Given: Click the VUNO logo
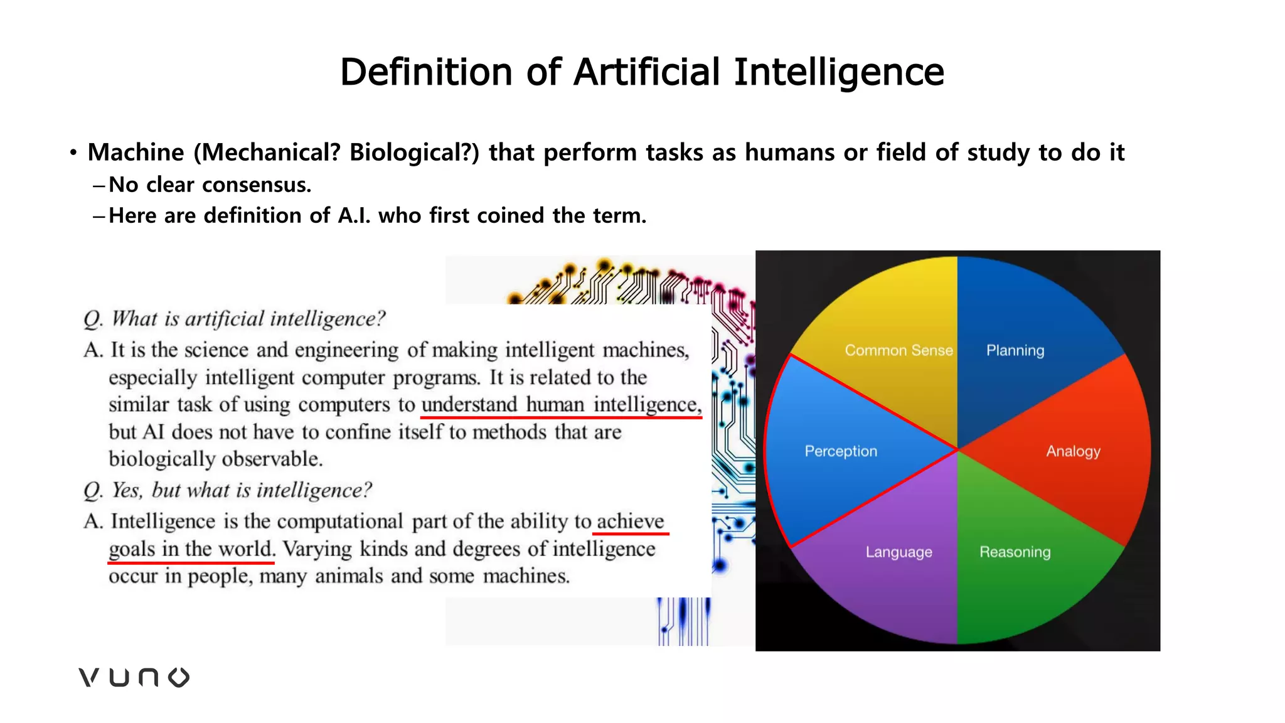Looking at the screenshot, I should coord(134,677).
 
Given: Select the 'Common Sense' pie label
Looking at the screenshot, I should coord(898,350).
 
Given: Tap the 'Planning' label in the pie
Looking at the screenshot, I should coord(1015,350).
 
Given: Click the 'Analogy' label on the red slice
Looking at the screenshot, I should coord(1073,451).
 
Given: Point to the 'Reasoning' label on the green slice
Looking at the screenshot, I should coord(1015,552).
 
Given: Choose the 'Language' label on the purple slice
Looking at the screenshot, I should coord(898,552).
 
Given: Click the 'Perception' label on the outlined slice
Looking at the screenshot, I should coord(841,451).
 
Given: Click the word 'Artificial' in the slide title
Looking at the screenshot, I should coord(646,72).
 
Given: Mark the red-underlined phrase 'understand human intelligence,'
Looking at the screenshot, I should coord(561,405).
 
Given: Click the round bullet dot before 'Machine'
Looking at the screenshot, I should coord(73,153).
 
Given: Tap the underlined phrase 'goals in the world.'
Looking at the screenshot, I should coord(191,549).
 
